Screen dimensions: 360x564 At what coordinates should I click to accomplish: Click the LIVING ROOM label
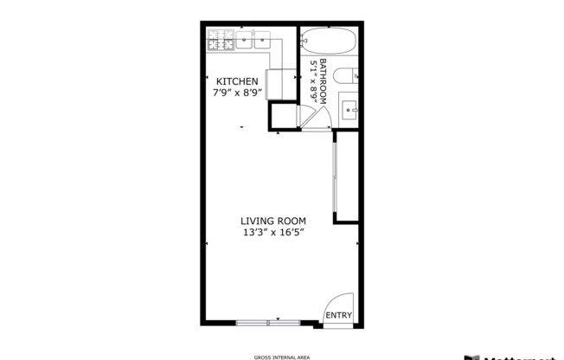273,221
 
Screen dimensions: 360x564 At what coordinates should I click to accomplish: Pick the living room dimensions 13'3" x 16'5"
273,233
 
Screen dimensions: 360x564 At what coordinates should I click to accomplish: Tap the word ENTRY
338,316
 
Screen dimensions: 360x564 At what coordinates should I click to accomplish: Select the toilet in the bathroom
347,75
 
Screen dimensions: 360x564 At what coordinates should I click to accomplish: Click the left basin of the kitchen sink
244,39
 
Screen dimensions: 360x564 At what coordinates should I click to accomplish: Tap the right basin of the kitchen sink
262,39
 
